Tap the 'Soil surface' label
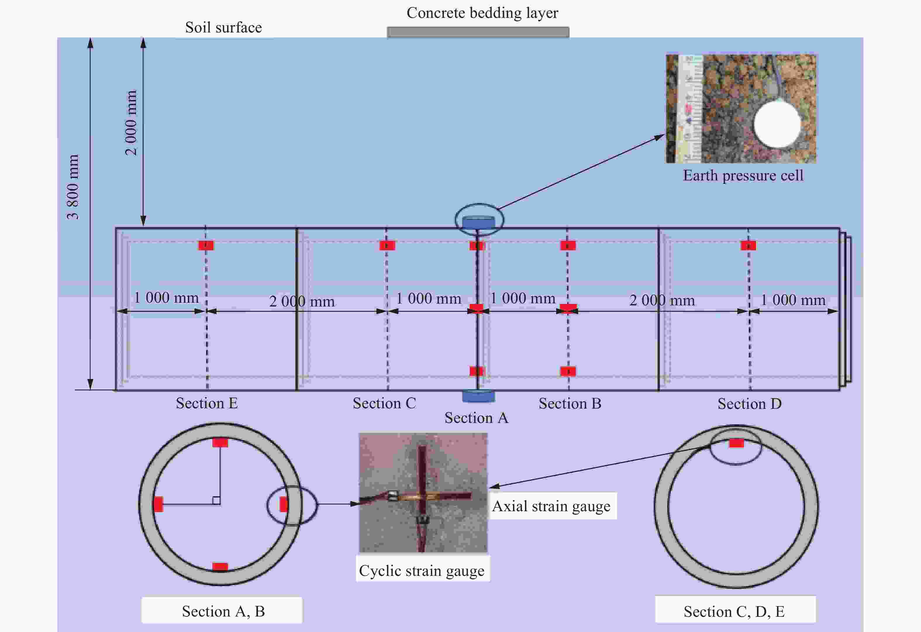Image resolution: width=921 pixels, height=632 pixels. click(223, 27)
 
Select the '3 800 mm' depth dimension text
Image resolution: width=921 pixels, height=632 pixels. click(73, 187)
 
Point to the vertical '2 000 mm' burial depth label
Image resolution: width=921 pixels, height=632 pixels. click(131, 123)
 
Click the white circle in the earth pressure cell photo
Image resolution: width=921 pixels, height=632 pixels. click(777, 124)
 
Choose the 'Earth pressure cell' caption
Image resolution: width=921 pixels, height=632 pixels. click(743, 175)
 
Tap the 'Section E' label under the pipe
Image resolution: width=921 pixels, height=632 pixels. click(207, 403)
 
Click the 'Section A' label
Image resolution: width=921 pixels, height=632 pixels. click(476, 418)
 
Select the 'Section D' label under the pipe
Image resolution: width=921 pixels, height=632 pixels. click(749, 404)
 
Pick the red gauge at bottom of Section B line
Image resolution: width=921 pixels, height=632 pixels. click(568, 371)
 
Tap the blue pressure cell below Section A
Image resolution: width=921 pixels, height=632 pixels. click(478, 396)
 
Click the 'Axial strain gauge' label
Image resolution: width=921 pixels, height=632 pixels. click(551, 506)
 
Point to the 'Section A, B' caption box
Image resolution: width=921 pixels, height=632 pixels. click(222, 611)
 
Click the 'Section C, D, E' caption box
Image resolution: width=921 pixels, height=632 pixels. click(735, 611)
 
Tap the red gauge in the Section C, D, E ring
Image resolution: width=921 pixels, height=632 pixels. click(736, 443)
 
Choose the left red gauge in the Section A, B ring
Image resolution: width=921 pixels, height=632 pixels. click(158, 504)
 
